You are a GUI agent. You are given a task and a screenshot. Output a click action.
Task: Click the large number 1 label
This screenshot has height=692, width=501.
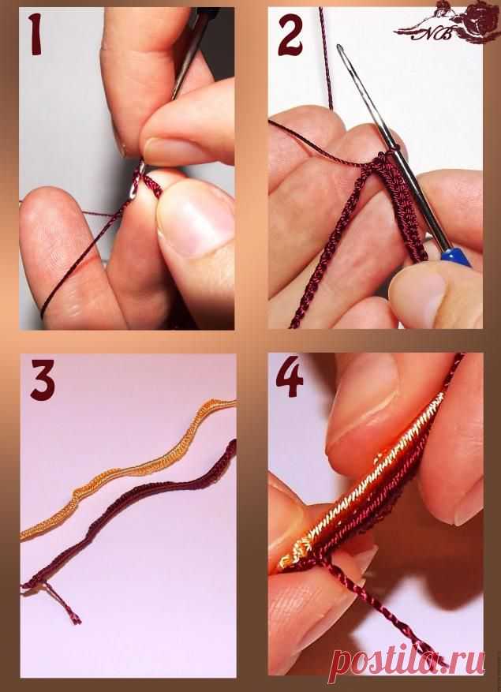(36, 35)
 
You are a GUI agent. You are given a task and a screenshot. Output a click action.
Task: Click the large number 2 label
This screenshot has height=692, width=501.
(290, 35)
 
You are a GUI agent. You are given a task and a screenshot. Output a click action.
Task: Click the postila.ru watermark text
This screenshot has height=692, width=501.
(409, 660)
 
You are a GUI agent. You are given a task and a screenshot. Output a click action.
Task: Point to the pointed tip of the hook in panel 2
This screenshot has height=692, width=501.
(340, 47)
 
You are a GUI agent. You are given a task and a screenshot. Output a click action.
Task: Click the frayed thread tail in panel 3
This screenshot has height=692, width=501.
(62, 602)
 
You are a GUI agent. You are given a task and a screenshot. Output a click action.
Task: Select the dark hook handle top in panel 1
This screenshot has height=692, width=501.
(207, 16)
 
